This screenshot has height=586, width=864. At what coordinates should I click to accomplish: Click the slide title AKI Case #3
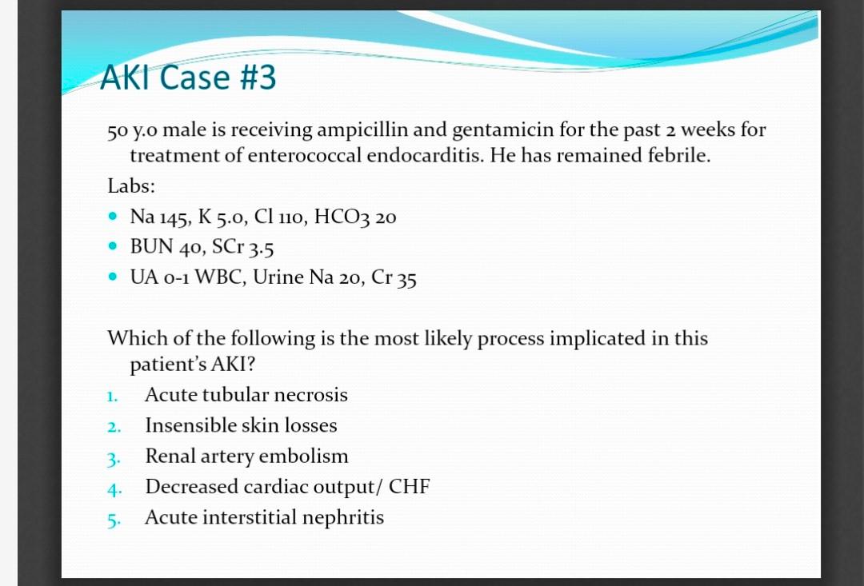tap(189, 78)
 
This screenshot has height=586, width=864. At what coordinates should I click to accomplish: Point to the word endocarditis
tap(424, 155)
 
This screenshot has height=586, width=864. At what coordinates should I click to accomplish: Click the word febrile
tap(674, 155)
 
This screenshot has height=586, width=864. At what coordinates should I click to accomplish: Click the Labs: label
tap(131, 185)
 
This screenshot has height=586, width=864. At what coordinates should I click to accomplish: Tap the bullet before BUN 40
tap(116, 247)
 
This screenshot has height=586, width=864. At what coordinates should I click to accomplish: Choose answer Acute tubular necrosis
tap(246, 395)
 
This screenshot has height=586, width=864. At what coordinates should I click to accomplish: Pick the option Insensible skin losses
tap(241, 426)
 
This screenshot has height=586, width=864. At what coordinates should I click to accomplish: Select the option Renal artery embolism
tap(246, 456)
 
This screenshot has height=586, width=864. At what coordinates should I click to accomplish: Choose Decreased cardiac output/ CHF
tap(287, 487)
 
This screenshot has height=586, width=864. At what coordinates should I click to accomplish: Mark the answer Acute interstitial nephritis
tap(264, 517)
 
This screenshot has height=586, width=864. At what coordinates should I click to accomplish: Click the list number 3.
tap(113, 458)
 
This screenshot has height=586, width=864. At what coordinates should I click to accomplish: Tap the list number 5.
tap(113, 519)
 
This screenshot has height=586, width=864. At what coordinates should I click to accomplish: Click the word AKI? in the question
tap(233, 365)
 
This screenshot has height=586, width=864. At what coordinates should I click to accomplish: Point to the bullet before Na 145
tap(116, 216)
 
